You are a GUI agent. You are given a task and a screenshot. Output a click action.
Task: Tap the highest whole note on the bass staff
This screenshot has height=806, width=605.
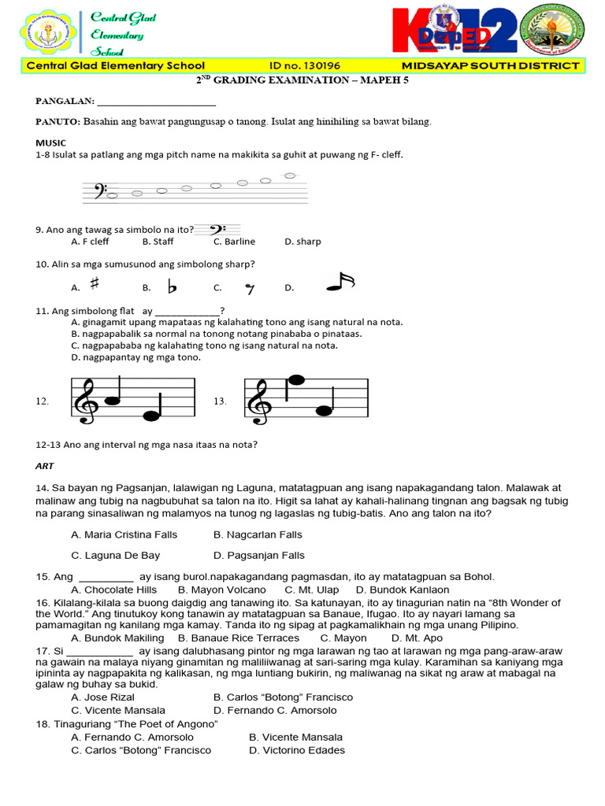pos(290,176)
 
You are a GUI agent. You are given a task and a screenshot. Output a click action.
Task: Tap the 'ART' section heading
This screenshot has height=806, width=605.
pos(44,466)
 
